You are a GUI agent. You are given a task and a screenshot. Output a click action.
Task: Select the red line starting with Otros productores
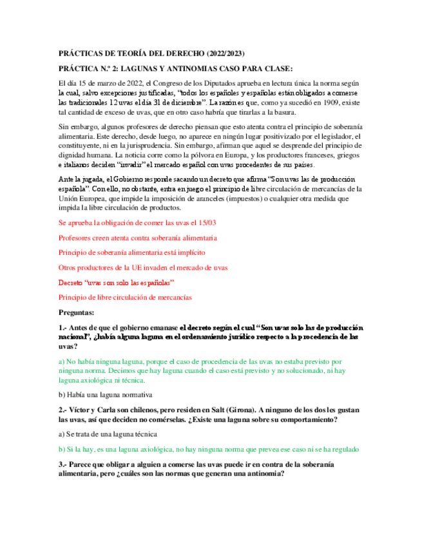click(142, 267)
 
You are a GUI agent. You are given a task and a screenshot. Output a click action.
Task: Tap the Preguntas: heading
click(78, 312)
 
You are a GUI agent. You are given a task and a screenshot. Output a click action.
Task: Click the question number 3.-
click(63, 464)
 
